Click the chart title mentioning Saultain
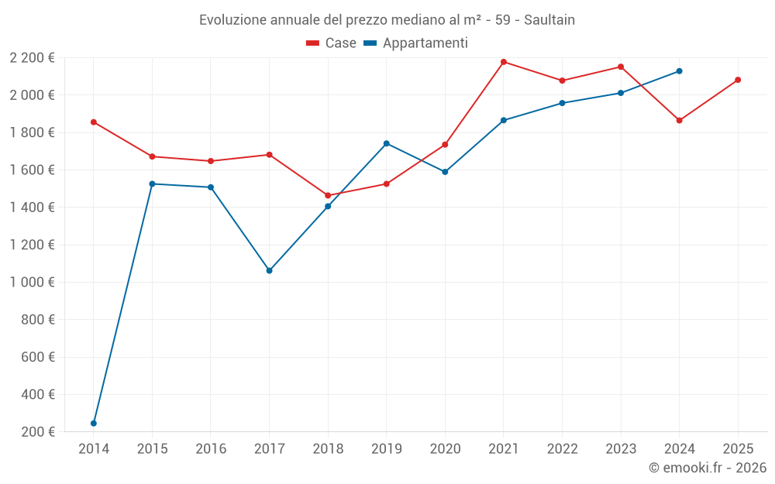387,19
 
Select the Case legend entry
331,43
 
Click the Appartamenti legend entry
416,43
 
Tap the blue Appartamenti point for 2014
94,424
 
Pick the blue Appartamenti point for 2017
270,271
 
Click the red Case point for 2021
504,62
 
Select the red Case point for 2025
738,80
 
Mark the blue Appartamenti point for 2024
680,71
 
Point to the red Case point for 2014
94,122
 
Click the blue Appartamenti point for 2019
387,143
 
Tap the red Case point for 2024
680,121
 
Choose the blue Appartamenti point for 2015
152,184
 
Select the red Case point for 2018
328,196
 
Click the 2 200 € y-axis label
32,58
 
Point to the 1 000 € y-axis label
32,283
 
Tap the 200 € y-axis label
37,432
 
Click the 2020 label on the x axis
445,449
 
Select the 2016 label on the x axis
211,449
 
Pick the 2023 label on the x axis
621,449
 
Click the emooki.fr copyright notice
707,468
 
